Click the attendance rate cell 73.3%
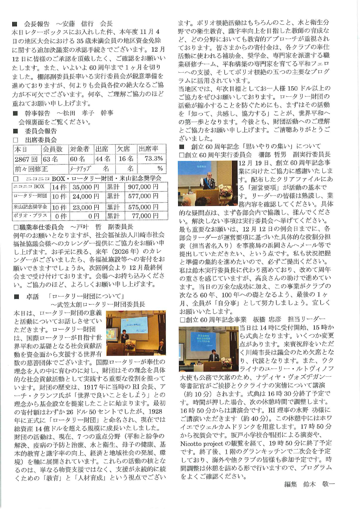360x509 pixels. [153, 158]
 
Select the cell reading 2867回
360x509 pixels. [26, 159]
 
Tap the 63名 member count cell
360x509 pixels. [51, 159]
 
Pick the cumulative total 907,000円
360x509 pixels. [143, 187]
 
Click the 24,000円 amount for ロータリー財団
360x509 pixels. [86, 196]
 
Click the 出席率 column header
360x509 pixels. [148, 149]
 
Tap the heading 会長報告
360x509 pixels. [37, 24]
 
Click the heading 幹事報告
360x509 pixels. [37, 113]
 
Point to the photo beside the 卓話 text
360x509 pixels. [136, 333]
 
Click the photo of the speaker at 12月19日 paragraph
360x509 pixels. [208, 184]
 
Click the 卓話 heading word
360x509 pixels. [33, 297]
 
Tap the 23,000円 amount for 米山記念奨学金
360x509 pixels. [86, 207]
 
